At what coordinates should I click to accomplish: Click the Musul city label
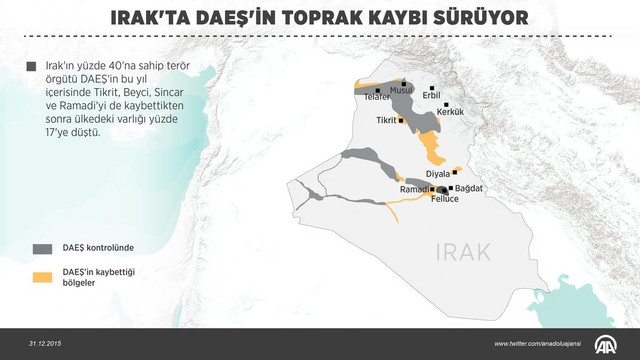pyautogui.click(x=401, y=90)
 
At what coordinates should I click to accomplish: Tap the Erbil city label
pyautogui.click(x=431, y=96)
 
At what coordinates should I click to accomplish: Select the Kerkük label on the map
pyautogui.click(x=452, y=112)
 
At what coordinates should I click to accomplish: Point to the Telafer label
pyautogui.click(x=377, y=97)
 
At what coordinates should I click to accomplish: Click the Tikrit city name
pyautogui.click(x=387, y=120)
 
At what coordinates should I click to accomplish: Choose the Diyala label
pyautogui.click(x=439, y=174)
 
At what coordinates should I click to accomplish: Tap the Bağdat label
pyautogui.click(x=468, y=188)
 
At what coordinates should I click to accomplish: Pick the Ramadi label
pyautogui.click(x=414, y=189)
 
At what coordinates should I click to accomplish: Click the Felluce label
pyautogui.click(x=444, y=199)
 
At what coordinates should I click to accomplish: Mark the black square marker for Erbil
pyautogui.click(x=432, y=87)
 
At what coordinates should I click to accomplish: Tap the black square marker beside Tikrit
pyautogui.click(x=402, y=120)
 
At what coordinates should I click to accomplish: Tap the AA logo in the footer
pyautogui.click(x=609, y=343)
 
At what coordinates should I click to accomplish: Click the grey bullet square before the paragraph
pyautogui.click(x=31, y=68)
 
